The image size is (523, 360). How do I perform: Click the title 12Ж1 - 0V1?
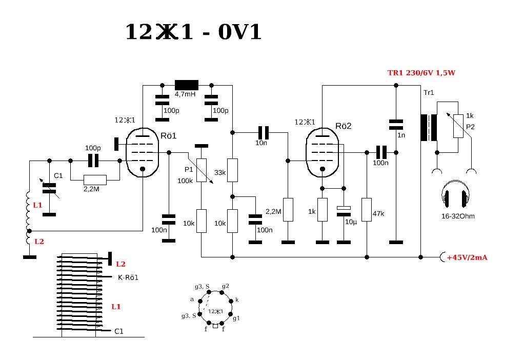tap(193, 32)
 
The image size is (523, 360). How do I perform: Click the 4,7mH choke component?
tap(186, 85)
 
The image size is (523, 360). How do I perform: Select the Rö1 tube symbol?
tap(143, 152)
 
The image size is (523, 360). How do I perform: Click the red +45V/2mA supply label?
tap(467, 257)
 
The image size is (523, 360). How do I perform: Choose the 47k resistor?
tap(367, 209)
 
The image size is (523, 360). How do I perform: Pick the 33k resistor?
tap(233, 170)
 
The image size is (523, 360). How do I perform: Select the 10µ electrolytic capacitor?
tap(343, 211)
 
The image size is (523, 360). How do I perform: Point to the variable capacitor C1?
tap(49, 188)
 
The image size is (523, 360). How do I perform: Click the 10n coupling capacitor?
tap(264, 132)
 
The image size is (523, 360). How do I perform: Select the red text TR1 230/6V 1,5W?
tap(421, 73)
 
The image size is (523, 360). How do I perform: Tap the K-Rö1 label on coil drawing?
tap(125, 277)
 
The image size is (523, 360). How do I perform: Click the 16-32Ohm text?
tap(457, 216)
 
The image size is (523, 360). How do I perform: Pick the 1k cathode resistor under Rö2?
tap(322, 210)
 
